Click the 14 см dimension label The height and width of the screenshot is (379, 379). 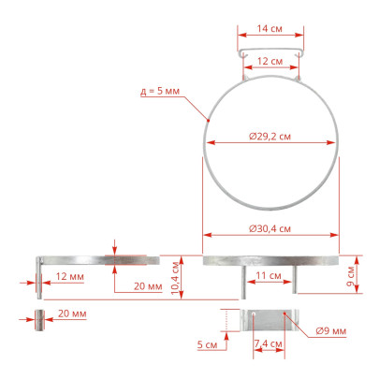click(270, 29)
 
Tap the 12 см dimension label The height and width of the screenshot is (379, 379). click(270, 61)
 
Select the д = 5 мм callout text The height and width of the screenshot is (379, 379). click(160, 91)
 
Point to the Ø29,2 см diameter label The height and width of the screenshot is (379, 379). click(270, 137)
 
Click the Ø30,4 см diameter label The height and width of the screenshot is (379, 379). click(270, 228)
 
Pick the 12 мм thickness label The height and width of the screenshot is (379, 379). click(70, 276)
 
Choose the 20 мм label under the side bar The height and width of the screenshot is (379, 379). click(148, 286)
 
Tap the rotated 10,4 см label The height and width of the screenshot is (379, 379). click(176, 278)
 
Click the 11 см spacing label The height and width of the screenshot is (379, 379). click(269, 276)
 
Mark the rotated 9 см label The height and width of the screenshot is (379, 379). click(351, 276)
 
